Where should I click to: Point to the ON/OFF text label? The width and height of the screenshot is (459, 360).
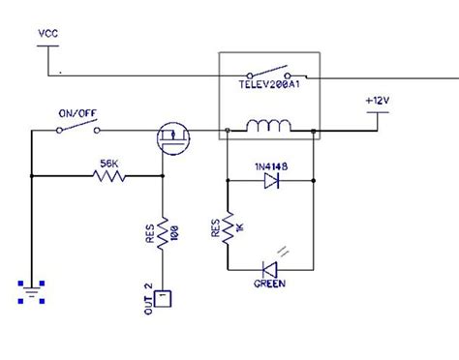tap(74, 113)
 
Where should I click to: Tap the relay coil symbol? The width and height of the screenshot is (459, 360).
tap(269, 127)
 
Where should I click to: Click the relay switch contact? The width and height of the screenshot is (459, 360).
tap(272, 73)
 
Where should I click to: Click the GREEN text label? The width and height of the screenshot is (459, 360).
tap(268, 285)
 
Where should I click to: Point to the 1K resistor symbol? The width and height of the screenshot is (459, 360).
tap(227, 230)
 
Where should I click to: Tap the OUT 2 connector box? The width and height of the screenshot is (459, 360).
tap(164, 298)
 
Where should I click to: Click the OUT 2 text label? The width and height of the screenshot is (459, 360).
tap(148, 296)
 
